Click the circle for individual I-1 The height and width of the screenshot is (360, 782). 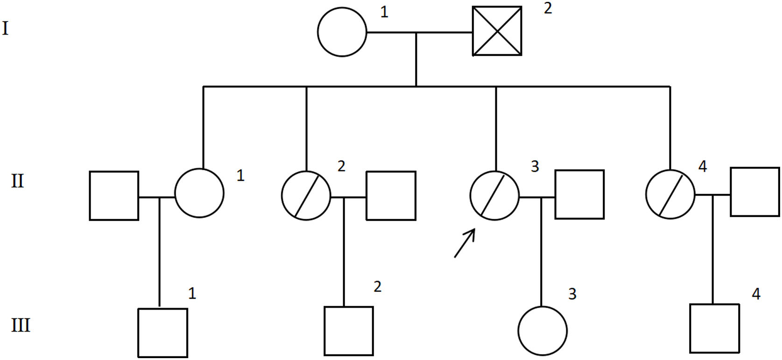342,32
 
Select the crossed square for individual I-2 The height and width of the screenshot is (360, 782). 497,31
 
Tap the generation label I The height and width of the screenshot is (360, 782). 6,29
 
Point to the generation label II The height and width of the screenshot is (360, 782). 17,181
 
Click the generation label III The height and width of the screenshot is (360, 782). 21,325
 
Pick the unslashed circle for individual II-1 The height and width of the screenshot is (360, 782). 199,193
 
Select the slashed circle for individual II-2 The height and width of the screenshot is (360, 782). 306,196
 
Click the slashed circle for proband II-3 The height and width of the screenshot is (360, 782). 494,195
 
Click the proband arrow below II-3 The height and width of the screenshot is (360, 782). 465,243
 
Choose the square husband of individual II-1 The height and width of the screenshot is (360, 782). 114,196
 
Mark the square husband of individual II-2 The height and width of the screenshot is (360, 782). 391,196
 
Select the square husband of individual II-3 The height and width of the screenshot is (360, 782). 579,194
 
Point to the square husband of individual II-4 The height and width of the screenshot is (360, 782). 755,192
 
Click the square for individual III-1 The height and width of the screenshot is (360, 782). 163,332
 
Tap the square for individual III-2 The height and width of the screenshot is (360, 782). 349,331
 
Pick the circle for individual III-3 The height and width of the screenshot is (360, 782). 542,331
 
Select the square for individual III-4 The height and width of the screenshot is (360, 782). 715,328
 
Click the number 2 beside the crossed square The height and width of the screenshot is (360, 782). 548,8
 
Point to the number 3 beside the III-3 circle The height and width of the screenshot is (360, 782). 572,294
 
